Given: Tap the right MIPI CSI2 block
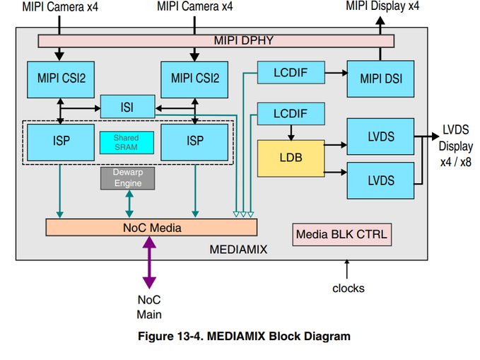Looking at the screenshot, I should pos(195,79).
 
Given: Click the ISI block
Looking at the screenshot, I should pos(127,108).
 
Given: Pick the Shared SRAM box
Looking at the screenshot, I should pos(127,142).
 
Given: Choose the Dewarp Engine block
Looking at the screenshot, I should pos(127,178).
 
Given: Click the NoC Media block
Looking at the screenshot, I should pos(151,227).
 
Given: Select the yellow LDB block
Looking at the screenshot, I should pos(291,158).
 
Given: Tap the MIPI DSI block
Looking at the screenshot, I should pos(380,79).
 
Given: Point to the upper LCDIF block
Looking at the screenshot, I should pos(290,71).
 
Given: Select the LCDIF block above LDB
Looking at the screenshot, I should pos(290,113).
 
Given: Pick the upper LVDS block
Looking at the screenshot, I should pos(380,137).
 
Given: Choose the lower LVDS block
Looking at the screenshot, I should pos(380,180).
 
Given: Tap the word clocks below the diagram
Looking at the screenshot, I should pos(349,288).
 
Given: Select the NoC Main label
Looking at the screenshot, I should pos(150,306).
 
